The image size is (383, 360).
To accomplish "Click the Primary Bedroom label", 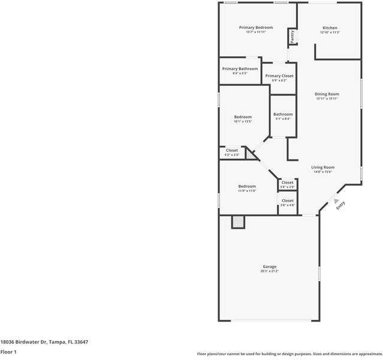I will click(256, 28).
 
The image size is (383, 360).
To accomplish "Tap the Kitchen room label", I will click(330, 28).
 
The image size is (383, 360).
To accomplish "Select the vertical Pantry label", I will click(292, 36).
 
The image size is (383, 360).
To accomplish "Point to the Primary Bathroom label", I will click(240, 68).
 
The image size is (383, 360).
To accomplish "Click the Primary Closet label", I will click(279, 76).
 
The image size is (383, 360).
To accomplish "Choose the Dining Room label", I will click(327, 94).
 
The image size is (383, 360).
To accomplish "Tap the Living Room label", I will click(323, 167).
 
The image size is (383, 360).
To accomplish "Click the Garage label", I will click(269, 266).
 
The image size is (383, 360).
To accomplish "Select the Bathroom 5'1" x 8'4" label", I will click(283, 114).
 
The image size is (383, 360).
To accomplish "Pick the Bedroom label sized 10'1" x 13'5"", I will click(243, 116).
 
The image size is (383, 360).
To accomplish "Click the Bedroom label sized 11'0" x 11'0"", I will click(247, 186).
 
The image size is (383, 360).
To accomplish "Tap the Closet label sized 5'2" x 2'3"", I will click(231, 150).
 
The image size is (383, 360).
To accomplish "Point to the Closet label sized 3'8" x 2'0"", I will click(288, 182).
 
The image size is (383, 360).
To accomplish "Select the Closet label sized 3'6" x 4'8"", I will click(288, 200).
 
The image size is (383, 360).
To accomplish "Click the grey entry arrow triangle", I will click(336, 202).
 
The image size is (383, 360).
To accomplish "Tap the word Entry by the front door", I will click(340, 205).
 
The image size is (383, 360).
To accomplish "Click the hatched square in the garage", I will click(239, 222).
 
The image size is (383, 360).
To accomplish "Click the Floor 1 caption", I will click(8, 352).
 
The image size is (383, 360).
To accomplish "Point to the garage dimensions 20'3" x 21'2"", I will click(269, 271).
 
